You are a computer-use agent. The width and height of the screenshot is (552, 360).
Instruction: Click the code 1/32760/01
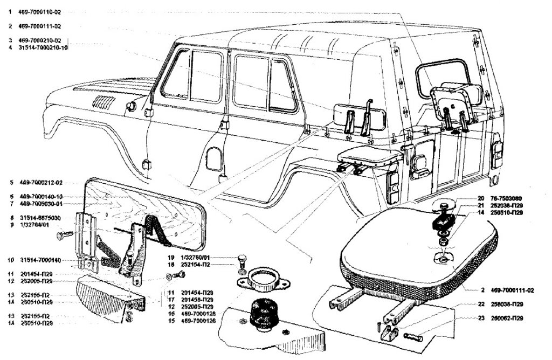[x=196, y=257]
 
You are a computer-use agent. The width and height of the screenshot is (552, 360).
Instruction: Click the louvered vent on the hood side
[x=102, y=102]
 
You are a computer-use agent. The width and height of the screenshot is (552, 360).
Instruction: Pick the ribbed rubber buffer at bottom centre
[x=260, y=313]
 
